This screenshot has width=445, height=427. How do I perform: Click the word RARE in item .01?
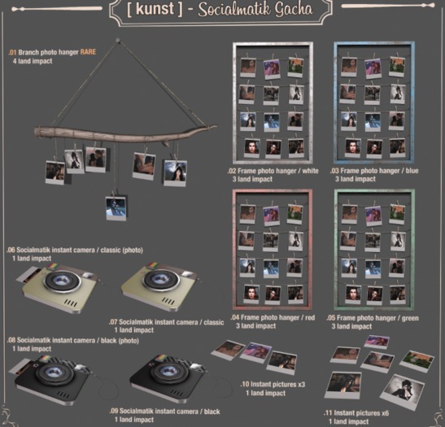tap(88, 52)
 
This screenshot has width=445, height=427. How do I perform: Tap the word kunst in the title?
tap(155, 8)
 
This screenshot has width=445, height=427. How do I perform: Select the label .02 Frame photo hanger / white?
tap(273, 171)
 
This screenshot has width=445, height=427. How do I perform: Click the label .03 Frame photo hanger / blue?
tap(374, 171)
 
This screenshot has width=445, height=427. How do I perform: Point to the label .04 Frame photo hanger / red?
tap(273, 317)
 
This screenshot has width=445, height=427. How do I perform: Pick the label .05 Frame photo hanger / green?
tap(373, 318)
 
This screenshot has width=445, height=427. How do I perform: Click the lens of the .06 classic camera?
tap(62, 281)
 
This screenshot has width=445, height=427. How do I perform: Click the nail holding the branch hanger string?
tap(117, 41)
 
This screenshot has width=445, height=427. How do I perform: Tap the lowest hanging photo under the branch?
tap(116, 208)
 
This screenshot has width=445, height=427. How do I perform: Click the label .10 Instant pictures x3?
tap(273, 385)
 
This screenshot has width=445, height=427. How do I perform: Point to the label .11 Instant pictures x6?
tap(356, 413)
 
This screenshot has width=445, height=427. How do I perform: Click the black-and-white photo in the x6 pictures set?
tap(403, 392)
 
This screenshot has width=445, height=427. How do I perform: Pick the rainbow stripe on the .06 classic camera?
tap(51, 267)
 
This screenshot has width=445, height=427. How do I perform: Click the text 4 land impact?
tap(33, 61)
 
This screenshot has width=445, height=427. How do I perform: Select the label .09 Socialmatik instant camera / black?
tap(164, 412)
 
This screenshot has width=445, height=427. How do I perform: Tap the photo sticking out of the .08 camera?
tap(20, 368)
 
